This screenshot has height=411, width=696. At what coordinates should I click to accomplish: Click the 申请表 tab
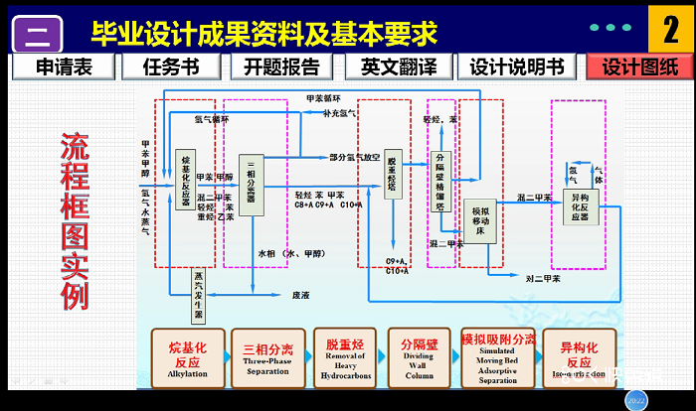pos(64,67)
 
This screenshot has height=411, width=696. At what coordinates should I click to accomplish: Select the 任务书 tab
pos(171,67)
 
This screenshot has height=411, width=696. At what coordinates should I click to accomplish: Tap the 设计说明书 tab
pos(517,67)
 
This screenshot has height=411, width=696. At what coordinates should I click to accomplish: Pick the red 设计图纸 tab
pos(637,67)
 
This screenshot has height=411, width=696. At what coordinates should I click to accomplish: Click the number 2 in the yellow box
pos(664,31)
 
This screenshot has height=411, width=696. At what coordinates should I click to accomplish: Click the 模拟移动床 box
pos(479,220)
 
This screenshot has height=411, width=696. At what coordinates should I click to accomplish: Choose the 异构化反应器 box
pos(581,206)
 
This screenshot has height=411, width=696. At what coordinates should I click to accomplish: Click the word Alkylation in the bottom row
pos(187,373)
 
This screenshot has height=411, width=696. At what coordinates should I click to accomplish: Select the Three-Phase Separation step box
pos(267,355)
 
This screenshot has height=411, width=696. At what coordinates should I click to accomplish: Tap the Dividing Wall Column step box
pos(419,355)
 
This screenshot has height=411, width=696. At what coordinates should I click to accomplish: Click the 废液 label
pos(300,295)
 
